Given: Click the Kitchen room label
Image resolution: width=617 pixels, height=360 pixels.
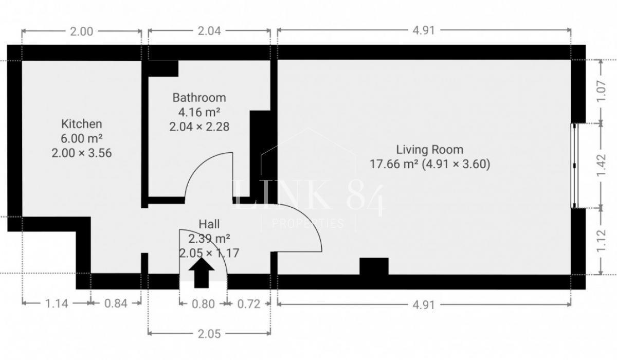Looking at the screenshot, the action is tap(82, 124).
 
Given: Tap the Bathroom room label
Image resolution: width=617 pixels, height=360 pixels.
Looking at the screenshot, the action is tap(199, 98).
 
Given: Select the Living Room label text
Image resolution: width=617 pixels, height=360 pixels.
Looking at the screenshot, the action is tap(430, 150).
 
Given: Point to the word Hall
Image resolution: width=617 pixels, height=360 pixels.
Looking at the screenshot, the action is tap(209, 224).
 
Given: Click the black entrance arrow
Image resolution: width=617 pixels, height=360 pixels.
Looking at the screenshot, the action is tap(202, 273).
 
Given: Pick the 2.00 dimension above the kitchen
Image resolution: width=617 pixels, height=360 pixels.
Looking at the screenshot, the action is tap(82, 31).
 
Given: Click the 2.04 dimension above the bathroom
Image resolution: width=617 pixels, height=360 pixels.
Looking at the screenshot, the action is tap(209, 31).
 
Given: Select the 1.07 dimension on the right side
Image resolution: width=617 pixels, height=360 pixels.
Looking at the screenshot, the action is tap(601, 92).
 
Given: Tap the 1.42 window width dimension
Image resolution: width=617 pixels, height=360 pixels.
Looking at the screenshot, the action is tap(601, 165).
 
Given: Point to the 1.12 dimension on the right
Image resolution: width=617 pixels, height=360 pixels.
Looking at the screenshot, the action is tap(601, 241).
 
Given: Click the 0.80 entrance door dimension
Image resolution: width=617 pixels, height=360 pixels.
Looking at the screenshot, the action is tap(203, 304).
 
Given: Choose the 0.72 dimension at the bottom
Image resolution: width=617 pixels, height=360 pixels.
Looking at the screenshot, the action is tap(249, 304).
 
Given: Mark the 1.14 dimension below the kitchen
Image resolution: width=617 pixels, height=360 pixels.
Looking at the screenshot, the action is tap(56, 303).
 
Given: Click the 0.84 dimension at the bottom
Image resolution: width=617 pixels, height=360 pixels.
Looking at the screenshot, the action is tap(116, 303).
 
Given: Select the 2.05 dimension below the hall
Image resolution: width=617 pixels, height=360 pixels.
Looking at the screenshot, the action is tap(209, 334).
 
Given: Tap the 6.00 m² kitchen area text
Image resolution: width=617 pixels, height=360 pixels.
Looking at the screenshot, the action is tap(82, 138).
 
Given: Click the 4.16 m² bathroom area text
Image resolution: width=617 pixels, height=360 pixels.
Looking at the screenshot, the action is tap(199, 112).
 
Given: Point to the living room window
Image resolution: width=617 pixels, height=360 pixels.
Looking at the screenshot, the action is tap(574, 166).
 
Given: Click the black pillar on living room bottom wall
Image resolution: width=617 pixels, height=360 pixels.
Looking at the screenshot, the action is tap(374, 266).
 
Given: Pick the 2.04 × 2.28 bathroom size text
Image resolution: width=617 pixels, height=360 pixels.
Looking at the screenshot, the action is tap(199, 127).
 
